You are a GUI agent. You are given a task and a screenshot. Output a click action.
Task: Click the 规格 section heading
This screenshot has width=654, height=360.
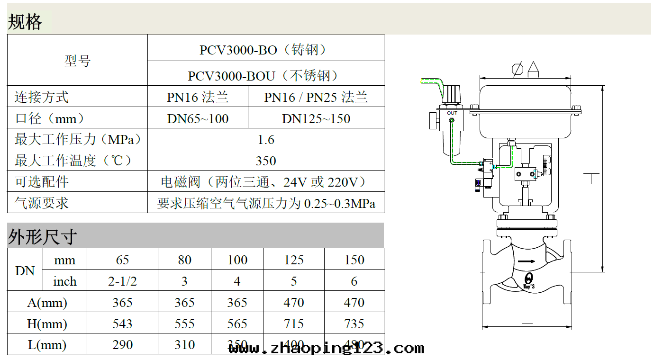[x=25, y=22]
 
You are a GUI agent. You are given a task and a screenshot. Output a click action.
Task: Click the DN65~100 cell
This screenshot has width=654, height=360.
[x=198, y=118]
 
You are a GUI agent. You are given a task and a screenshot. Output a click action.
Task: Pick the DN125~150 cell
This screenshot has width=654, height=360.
[x=316, y=118]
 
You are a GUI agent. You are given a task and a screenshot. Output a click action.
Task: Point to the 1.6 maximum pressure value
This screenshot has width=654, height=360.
[x=266, y=140]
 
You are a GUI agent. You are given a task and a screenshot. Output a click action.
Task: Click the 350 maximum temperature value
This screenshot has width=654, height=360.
[x=266, y=161]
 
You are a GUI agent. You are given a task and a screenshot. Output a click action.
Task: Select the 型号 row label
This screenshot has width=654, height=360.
[x=77, y=61]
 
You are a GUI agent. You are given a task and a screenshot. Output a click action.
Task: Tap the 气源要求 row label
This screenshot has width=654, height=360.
[x=42, y=203]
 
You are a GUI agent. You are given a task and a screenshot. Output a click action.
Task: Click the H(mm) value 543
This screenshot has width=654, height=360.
[x=122, y=324]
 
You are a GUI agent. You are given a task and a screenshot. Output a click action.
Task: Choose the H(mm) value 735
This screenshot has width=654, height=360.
[x=354, y=324]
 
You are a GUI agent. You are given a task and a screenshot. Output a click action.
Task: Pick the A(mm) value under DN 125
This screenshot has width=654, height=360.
[x=294, y=303]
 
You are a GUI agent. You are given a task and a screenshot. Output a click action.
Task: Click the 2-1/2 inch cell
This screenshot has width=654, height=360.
[x=122, y=281]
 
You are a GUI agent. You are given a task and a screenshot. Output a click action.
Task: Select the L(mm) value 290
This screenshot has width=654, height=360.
[x=122, y=345]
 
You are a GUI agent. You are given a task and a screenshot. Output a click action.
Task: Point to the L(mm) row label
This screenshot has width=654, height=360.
[x=47, y=345]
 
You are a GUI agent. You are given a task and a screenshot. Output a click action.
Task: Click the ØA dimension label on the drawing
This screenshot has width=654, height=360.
[x=526, y=69]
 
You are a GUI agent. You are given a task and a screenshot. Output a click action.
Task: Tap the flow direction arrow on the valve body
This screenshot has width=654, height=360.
[x=526, y=261]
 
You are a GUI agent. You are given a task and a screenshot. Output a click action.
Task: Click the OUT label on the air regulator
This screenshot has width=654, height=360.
[x=452, y=113]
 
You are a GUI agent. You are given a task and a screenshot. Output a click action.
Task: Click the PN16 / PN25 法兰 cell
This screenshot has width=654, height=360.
[x=316, y=97]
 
